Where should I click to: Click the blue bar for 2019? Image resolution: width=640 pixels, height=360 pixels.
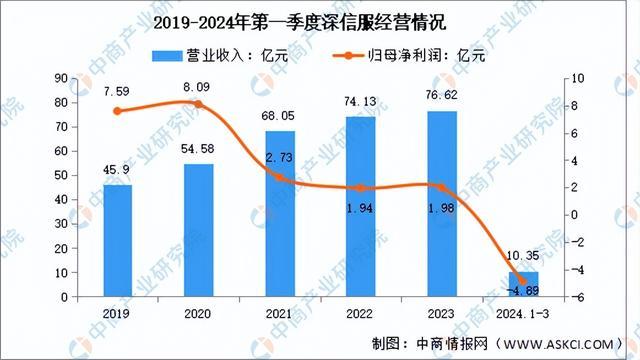[x=118, y=241]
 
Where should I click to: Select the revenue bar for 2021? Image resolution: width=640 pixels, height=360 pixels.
[x=280, y=214]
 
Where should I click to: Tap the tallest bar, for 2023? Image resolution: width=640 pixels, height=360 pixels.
[x=442, y=204]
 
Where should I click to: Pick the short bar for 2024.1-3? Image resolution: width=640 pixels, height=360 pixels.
[x=524, y=285]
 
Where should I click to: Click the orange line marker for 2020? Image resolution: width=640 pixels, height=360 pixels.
[x=199, y=104]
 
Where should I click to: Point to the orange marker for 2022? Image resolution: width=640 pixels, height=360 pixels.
[x=361, y=188]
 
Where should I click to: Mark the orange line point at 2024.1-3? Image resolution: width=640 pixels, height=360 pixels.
[x=523, y=280]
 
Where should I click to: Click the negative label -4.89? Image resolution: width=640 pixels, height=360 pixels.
[x=523, y=291]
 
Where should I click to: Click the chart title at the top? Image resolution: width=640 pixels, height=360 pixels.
[x=319, y=21]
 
